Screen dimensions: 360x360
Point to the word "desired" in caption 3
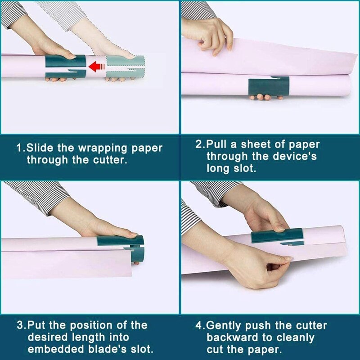click(x=45, y=337)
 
